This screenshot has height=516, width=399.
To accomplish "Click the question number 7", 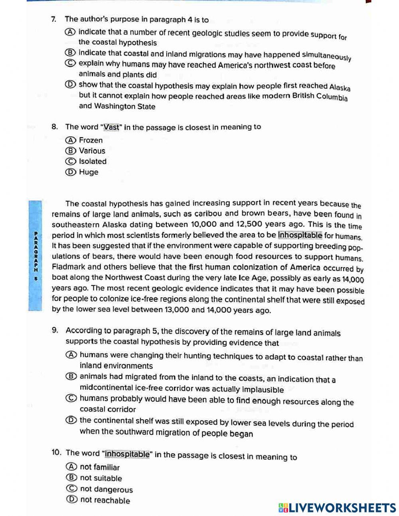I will pos(53,19).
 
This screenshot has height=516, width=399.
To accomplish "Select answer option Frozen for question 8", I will pos(91,140).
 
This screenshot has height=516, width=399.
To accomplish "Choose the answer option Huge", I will pos(88,172).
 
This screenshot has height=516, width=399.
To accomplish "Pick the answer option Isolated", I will pos(93,161).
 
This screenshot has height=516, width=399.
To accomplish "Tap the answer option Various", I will pos(92,151).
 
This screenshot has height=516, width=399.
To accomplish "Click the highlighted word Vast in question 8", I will pos(111,127).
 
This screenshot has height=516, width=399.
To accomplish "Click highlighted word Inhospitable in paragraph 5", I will pos(300,235).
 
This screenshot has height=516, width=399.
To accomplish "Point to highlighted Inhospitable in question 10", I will pos(127,454).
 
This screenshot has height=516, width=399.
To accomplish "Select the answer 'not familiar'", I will pos(100,467).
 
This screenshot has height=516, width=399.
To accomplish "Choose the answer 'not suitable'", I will pos(101,478).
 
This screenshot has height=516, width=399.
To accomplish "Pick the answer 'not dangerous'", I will pos(106,489).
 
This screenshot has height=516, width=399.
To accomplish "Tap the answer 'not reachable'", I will pos(105,500).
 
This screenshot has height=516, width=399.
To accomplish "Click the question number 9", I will pos(55,331).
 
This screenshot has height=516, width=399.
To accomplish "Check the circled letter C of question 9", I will pos(71,398).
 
